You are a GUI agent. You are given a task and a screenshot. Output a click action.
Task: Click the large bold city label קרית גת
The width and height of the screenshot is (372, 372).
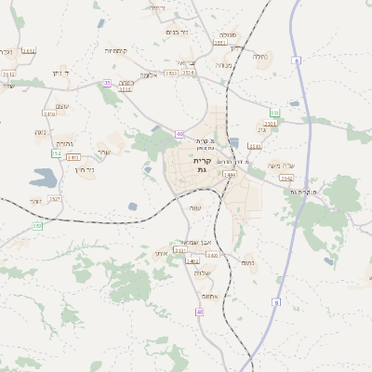[201, 166]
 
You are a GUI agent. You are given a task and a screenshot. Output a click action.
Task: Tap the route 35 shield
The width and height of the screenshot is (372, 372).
[107, 83]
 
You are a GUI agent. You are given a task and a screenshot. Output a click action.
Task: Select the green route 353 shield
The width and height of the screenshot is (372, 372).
[274, 112]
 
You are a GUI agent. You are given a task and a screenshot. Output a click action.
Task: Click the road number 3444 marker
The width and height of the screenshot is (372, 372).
[230, 174]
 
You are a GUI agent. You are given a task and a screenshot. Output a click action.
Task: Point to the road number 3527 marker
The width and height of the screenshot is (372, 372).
[54, 198]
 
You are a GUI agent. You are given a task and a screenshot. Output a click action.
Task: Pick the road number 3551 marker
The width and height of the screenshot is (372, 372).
[219, 42]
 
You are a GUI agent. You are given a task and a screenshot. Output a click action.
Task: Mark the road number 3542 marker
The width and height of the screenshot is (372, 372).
[286, 178]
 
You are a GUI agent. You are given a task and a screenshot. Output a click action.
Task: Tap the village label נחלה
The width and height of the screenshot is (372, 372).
[261, 56]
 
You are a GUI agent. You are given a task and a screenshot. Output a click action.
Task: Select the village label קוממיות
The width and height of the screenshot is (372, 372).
[116, 50]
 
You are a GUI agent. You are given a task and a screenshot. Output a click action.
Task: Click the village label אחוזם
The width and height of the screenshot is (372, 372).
[210, 296]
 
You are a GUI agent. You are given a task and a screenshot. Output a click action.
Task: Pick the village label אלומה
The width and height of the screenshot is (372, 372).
[149, 74]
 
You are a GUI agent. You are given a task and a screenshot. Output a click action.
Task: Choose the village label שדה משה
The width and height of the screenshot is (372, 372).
[281, 166]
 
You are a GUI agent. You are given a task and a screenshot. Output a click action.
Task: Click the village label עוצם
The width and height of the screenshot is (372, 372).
[62, 105]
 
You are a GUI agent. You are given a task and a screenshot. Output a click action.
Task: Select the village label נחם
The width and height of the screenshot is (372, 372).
[247, 262]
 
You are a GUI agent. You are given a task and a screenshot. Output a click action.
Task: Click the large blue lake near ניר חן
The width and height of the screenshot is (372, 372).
[44, 176]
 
